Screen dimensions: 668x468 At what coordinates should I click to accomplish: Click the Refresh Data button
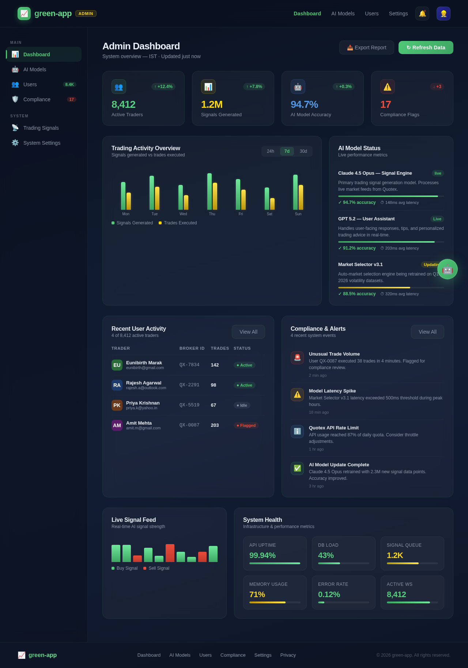(426, 48)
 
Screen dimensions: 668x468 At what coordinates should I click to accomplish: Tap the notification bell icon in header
(422, 14)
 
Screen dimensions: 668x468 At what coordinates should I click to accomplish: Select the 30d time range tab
(303, 151)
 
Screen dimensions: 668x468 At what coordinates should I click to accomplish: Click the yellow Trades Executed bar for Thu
(215, 196)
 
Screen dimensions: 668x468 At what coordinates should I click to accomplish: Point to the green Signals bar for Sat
(267, 198)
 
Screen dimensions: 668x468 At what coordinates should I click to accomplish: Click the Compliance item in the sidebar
(37, 99)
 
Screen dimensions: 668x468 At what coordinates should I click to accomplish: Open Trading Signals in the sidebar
(41, 128)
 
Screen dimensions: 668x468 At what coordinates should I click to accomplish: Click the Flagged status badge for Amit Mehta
(246, 425)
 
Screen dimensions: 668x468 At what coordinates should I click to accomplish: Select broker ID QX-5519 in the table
(189, 405)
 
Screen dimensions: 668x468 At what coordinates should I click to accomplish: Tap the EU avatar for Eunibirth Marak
(117, 365)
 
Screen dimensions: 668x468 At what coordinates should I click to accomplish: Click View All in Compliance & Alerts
(427, 332)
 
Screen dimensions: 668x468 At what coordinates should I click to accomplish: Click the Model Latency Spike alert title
(332, 391)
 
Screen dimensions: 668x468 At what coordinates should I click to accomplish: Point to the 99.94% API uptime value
(263, 555)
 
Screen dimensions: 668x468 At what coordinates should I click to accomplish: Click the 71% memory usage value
(257, 595)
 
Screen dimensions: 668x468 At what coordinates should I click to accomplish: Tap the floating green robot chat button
(447, 269)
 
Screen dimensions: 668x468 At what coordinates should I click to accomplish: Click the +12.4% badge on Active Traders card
(163, 87)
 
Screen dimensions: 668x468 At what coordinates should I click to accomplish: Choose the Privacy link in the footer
(288, 655)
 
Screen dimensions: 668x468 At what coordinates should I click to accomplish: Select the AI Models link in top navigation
(343, 14)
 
